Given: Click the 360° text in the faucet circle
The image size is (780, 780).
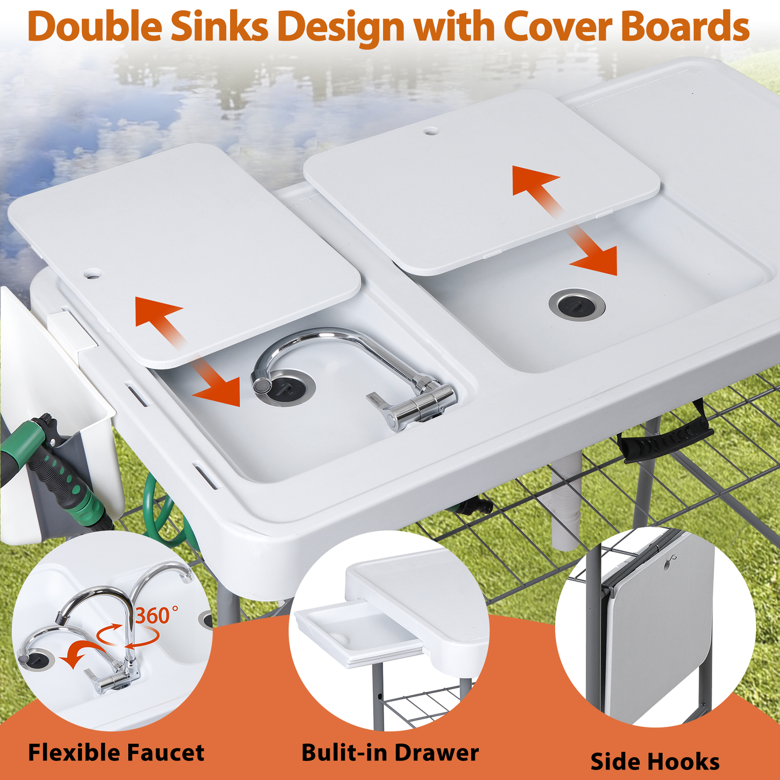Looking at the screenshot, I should (x=156, y=615).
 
